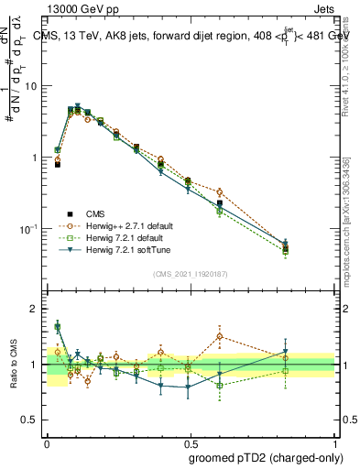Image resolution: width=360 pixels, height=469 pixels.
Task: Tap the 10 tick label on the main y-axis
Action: (29, 86)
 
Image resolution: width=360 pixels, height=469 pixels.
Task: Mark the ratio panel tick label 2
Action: (35, 310)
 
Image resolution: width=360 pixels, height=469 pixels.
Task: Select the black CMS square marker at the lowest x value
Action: (57, 165)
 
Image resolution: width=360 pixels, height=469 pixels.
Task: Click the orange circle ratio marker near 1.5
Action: (220, 336)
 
